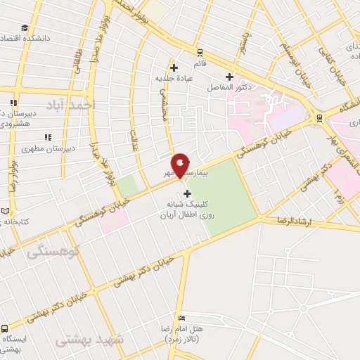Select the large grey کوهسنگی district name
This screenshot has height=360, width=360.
[55, 251]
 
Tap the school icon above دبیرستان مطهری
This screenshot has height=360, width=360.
[48, 137]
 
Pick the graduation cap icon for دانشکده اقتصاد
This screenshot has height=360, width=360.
[25, 28]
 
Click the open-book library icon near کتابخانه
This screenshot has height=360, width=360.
[5, 211]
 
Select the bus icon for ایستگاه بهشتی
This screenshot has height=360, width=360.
[5, 328]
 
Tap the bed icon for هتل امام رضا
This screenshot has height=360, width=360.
[182, 319]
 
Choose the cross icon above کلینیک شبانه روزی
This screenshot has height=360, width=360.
[186, 193]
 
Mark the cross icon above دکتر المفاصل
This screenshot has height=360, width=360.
[229, 77]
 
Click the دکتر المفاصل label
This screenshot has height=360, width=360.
[224, 88]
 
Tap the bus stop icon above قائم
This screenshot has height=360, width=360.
[200, 52]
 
